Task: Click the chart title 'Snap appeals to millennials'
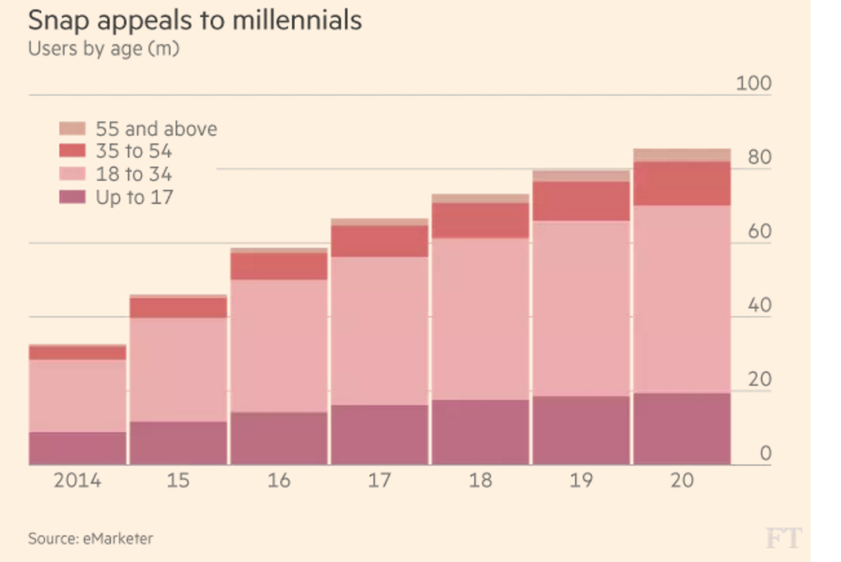coord(194,20)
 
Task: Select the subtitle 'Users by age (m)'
coord(103,49)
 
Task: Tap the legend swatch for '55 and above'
coord(72,128)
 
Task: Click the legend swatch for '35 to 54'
coord(72,151)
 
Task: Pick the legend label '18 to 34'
coord(133,174)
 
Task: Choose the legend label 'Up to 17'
coord(134,197)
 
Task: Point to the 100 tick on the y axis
coord(753,84)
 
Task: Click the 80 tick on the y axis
coord(759,158)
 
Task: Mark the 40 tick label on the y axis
coord(759,306)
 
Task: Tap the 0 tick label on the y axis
coord(765,454)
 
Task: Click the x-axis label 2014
coord(78,481)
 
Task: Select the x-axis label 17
coord(379,481)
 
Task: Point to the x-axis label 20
coord(682,481)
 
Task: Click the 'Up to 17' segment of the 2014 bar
coord(78,448)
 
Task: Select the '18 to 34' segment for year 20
coord(682,299)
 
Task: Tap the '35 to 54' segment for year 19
coord(581,201)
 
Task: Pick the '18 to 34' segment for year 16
coord(279,346)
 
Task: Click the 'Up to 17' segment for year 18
coord(480,432)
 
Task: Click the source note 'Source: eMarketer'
coord(90,539)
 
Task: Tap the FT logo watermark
coord(783,538)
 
